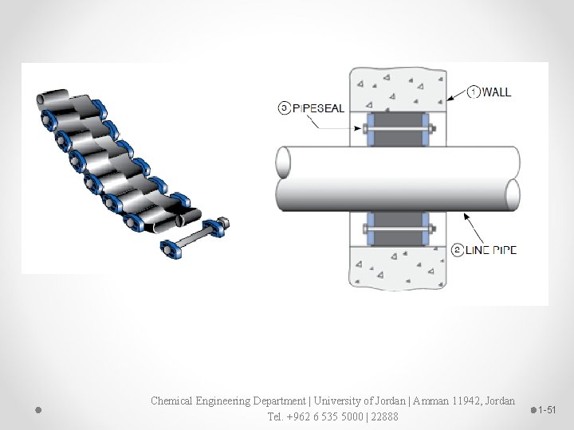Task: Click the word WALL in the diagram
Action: pos(497,92)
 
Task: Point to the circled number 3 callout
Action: pos(285,108)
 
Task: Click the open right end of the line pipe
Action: pos(513,193)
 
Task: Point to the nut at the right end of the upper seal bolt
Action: pos(431,127)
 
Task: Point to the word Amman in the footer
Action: pos(407,401)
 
